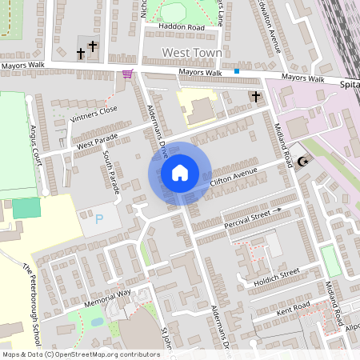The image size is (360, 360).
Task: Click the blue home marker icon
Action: pos(180,172)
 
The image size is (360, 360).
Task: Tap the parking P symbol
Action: pos(99,218)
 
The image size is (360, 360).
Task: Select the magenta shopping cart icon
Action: pos(127,74)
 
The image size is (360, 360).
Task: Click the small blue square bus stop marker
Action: pos(237,71)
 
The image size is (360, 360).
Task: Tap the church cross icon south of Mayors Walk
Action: pos(256,97)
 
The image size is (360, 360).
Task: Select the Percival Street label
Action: pos(248,216)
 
